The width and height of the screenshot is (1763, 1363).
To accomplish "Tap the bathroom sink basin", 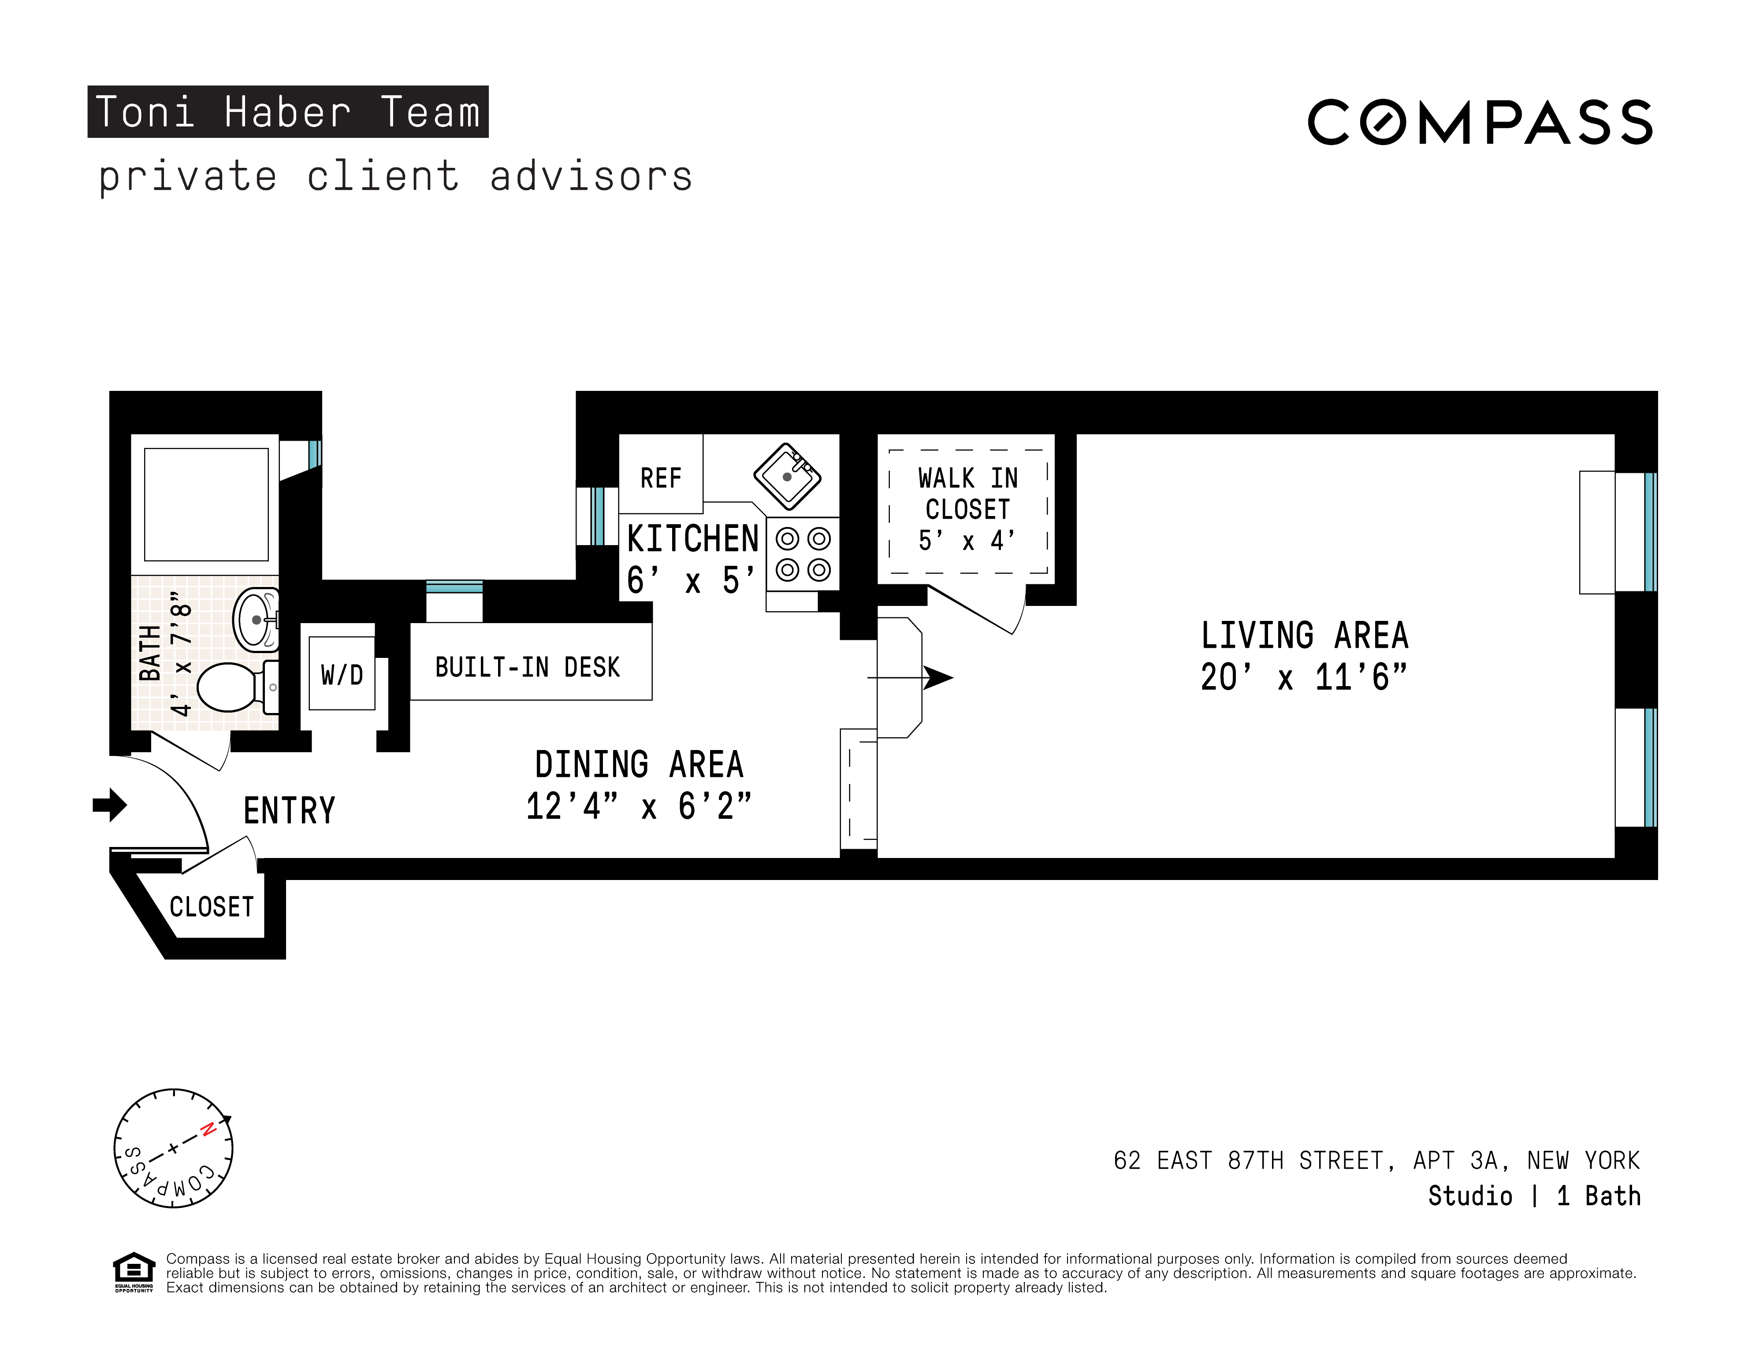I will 257,619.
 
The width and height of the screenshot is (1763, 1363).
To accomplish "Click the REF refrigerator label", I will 660,478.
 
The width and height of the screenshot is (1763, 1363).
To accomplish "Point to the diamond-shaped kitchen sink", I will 787,476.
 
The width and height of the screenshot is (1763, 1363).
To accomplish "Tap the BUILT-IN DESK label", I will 527,667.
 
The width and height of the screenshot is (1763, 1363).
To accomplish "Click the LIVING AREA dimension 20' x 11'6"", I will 1303,677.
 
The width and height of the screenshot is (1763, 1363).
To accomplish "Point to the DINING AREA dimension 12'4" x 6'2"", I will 638,806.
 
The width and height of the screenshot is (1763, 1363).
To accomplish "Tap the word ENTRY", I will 289,810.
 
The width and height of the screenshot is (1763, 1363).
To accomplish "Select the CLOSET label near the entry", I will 212,906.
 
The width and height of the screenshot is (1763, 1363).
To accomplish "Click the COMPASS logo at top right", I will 1480,123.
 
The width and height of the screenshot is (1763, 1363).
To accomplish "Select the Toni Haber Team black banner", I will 287,111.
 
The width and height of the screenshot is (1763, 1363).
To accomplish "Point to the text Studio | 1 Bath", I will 1534,1196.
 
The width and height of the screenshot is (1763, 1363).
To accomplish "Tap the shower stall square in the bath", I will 206,505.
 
